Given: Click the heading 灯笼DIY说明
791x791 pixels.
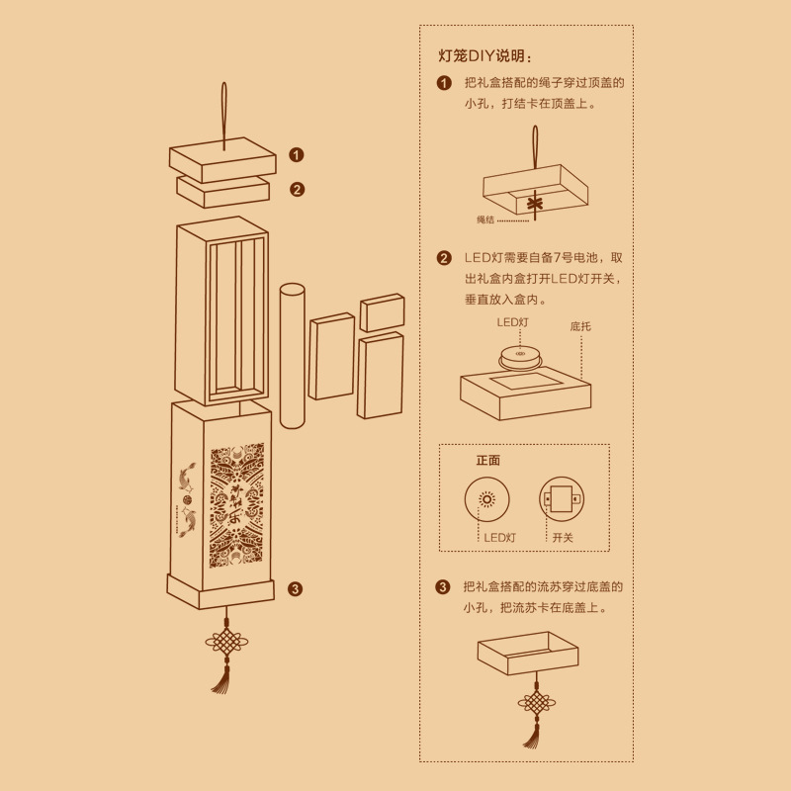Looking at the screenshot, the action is tap(489, 55).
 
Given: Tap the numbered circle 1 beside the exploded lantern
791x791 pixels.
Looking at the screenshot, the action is tap(296, 154).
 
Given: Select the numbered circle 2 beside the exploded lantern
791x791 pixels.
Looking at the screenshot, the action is tap(296, 189).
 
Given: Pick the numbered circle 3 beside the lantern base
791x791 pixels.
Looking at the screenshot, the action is tap(295, 589).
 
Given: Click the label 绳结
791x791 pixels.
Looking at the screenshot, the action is tap(484, 219).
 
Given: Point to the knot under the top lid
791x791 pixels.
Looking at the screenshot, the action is tap(536, 204).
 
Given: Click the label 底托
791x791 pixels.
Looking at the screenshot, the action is tap(580, 325).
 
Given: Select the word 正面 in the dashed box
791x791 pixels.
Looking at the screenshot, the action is tap(488, 460).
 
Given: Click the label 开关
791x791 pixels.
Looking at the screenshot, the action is tap(563, 537).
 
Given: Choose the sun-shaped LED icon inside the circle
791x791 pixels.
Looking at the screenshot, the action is tap(486, 499).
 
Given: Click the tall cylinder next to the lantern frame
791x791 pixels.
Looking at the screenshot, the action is tap(292, 356).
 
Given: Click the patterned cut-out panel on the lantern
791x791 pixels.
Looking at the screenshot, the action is tap(237, 504).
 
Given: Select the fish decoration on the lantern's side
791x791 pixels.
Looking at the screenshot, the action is tap(187, 494).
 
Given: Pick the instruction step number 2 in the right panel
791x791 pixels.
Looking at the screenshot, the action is tap(444, 258).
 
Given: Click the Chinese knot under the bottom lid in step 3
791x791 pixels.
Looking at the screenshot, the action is tap(536, 705).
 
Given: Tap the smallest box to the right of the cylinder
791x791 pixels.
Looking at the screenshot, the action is tap(382, 312).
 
